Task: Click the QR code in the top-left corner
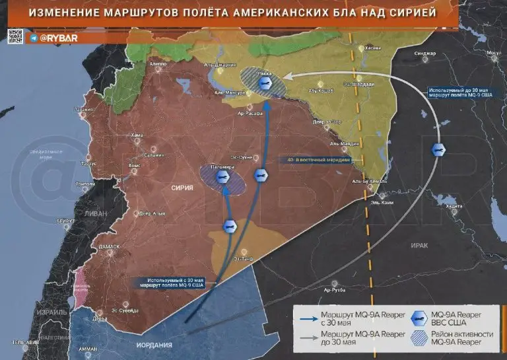click(x=15, y=36)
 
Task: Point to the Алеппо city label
click(x=158, y=63)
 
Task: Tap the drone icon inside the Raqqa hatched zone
click(x=265, y=83)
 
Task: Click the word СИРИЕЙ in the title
click(x=416, y=13)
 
